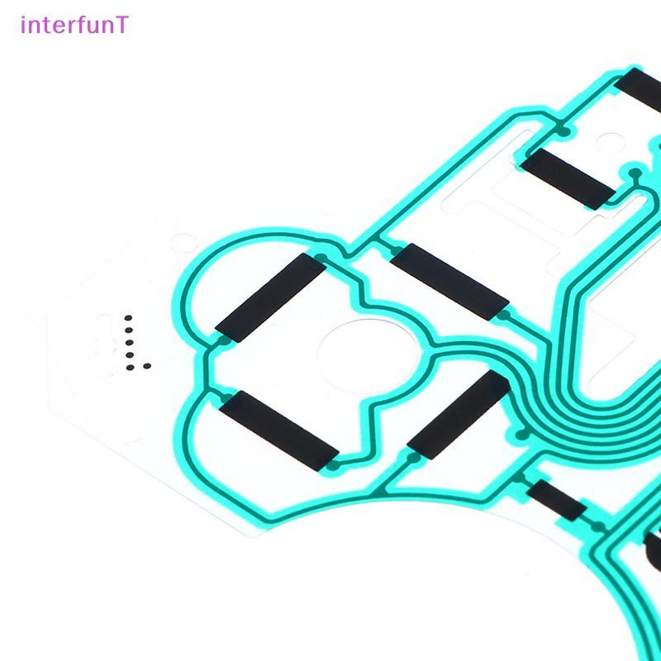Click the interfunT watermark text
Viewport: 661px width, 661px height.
pyautogui.click(x=74, y=25)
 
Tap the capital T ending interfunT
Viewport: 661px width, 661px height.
pyautogui.click(x=121, y=25)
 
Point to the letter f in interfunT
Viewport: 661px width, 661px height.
pyautogui.click(x=81, y=25)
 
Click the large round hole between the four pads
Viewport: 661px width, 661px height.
pyautogui.click(x=368, y=357)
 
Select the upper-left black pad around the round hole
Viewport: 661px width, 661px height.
pyautogui.click(x=271, y=297)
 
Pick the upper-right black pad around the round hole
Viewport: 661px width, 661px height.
pyautogui.click(x=449, y=282)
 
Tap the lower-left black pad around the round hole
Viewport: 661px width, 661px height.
pyautogui.click(x=278, y=430)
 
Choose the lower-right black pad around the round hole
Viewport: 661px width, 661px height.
pyautogui.click(x=459, y=415)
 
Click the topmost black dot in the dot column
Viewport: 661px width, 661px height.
pyautogui.click(x=128, y=318)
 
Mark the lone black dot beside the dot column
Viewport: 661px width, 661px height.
pyautogui.click(x=147, y=366)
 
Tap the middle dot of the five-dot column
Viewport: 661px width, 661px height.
pyautogui.click(x=130, y=342)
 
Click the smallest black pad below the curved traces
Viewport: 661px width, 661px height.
pyautogui.click(x=556, y=500)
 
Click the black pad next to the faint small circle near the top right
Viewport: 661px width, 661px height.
pyautogui.click(x=568, y=178)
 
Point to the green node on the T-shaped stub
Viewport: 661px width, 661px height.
pyautogui.click(x=635, y=174)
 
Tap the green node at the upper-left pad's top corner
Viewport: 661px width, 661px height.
pyautogui.click(x=321, y=258)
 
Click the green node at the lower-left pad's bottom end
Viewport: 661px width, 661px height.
pyautogui.click(x=333, y=465)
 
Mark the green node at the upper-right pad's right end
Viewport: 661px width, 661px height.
pyautogui.click(x=503, y=316)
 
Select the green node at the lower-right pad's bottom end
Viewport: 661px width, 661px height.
pyautogui.click(x=414, y=458)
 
